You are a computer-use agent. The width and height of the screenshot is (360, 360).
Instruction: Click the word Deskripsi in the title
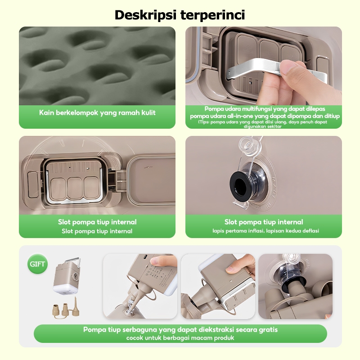145,15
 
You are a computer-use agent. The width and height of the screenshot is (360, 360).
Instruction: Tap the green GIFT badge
37,264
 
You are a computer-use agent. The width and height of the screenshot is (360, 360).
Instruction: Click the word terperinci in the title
212,15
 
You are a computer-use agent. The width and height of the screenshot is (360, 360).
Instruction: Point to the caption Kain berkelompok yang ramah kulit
97,112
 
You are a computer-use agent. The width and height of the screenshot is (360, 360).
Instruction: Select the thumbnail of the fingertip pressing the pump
140,286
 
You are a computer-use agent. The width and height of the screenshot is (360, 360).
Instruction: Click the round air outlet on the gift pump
75,278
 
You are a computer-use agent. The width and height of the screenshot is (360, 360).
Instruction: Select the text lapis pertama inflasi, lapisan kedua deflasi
265,231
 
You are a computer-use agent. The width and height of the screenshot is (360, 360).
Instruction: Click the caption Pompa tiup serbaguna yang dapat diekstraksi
180,330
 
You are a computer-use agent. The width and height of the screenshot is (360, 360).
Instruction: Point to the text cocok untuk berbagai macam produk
180,338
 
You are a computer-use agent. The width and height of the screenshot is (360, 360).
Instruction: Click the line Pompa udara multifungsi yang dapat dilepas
265,109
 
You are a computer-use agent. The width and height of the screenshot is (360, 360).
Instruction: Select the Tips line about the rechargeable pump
263,124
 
